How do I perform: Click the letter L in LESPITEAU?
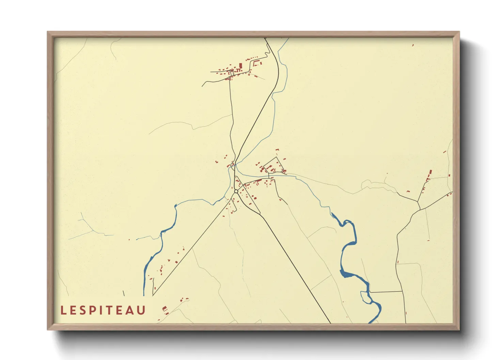click(63, 310)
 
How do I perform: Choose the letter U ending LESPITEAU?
click(142, 310)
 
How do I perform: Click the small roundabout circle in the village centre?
click(236, 191)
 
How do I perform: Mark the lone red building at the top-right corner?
click(413, 45)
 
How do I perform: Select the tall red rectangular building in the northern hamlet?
click(240, 65)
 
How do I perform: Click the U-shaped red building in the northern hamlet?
click(256, 63)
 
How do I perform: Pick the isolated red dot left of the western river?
click(129, 240)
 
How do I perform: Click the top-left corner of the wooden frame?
click(48, 32)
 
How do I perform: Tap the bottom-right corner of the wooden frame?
click(459, 329)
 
